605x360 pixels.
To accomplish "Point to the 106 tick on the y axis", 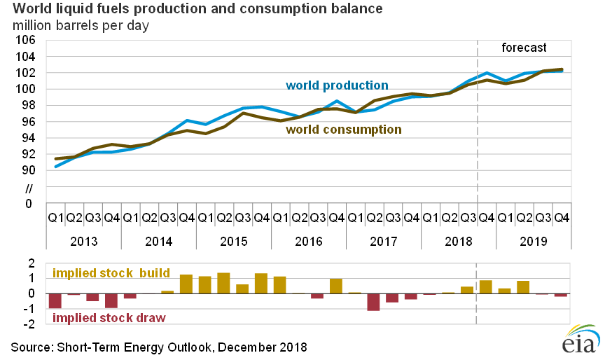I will click(x=25, y=40).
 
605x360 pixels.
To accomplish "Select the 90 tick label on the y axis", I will click(x=28, y=170).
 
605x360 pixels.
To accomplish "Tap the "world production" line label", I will click(x=337, y=85).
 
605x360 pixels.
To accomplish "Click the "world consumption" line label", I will click(x=343, y=130).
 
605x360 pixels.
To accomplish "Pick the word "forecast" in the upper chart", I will click(x=524, y=48).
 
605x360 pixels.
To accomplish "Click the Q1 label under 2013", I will click(x=55, y=218).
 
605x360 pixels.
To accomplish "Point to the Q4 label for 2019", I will click(x=562, y=218).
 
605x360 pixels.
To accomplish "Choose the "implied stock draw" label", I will click(x=109, y=317).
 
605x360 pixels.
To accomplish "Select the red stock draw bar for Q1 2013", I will click(x=55, y=300).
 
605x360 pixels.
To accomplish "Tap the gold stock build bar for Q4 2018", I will click(x=486, y=286).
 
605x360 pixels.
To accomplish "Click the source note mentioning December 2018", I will click(x=158, y=347).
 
